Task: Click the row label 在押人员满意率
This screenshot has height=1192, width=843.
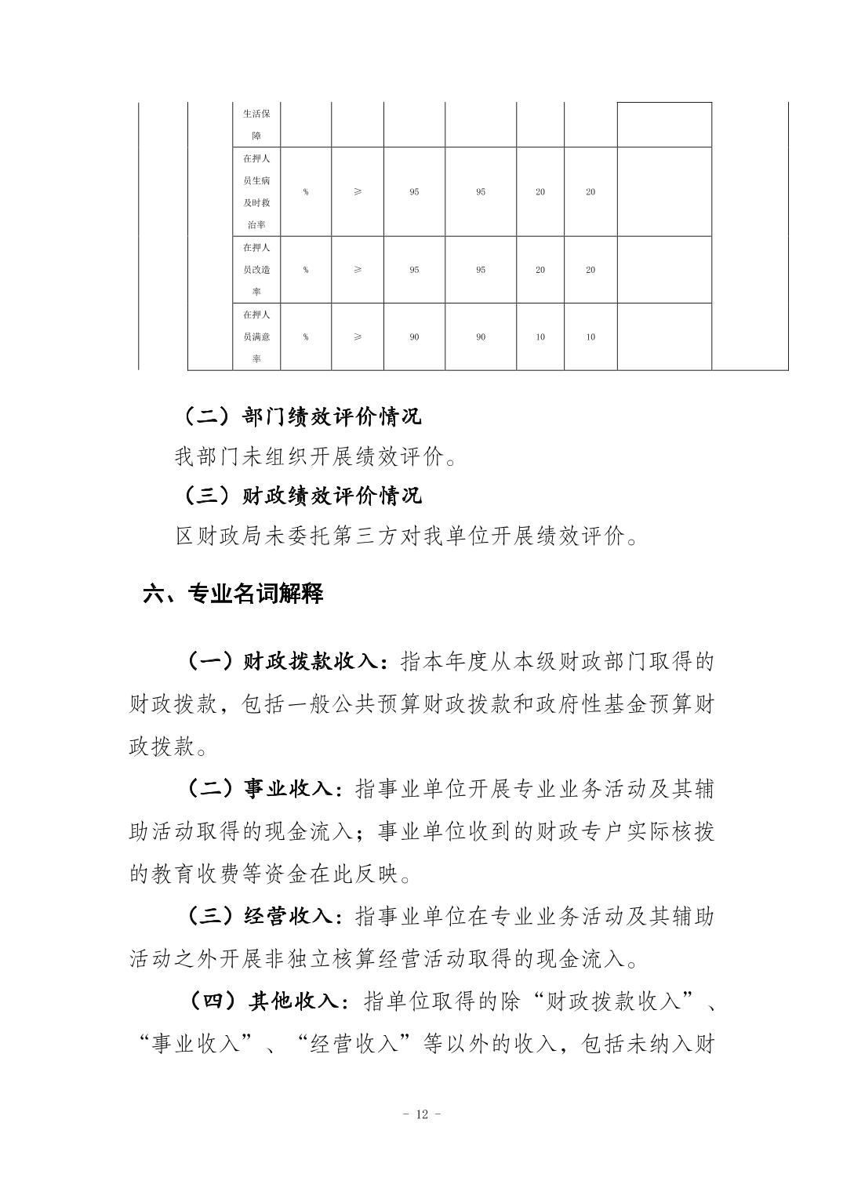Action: pos(256,337)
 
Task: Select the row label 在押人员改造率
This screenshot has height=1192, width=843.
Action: pos(256,270)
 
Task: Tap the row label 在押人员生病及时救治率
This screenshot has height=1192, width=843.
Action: pos(256,192)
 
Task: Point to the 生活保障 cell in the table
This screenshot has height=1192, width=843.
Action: pos(256,125)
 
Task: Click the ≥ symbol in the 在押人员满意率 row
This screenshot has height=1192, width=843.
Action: pos(358,337)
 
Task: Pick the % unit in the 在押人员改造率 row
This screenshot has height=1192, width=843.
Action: pos(306,270)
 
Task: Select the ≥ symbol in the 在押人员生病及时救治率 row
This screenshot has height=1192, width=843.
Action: pos(358,192)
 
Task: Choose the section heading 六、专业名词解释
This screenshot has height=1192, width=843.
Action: pos(233,594)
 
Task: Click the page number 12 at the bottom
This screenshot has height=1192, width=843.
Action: pos(421,1114)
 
